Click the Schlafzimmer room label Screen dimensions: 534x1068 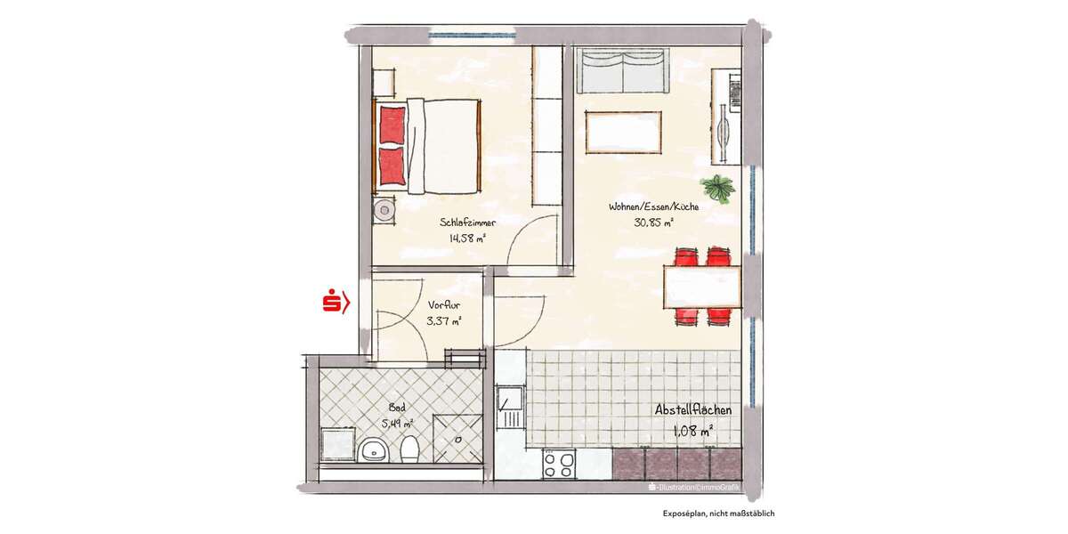(x=466, y=222)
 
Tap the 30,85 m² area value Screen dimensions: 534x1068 (x=653, y=222)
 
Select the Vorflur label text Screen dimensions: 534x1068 (x=441, y=305)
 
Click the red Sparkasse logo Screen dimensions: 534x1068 (x=335, y=303)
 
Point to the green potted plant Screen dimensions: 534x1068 (x=717, y=189)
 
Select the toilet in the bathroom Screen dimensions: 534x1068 (x=409, y=449)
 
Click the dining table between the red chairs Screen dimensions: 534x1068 (x=702, y=287)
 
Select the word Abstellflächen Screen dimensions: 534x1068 (x=693, y=410)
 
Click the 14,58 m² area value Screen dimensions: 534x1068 (x=467, y=239)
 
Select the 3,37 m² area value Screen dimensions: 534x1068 (x=443, y=321)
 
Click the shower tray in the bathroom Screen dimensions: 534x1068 (x=457, y=438)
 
